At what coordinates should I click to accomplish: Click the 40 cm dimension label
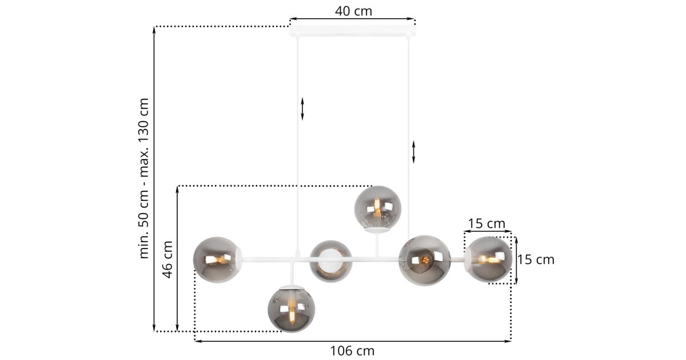pos(353,11)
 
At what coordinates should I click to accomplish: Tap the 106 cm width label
pos(352,351)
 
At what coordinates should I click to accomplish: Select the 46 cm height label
pos(167,259)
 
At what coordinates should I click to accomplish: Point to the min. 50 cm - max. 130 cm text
pos(143,178)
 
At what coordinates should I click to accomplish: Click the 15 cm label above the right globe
pos(486,224)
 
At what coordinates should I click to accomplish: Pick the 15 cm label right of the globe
pos(536,260)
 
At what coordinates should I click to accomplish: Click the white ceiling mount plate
pos(353,31)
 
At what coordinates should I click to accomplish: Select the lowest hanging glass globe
pos(291,309)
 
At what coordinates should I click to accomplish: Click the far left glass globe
pos(217,259)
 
